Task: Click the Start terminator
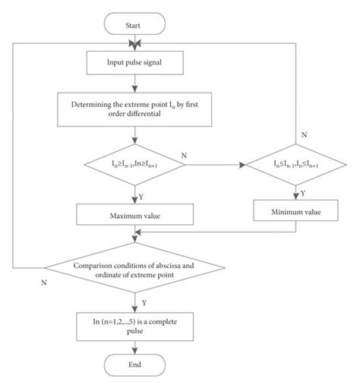coord(135,25)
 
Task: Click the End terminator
coord(135,365)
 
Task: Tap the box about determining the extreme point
coord(135,107)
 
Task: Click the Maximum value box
coord(135,217)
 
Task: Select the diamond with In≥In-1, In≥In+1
coord(135,163)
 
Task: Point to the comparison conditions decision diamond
coord(135,270)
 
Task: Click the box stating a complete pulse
coord(135,322)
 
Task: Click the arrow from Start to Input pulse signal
coord(135,42)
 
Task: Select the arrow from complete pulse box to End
coord(135,344)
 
